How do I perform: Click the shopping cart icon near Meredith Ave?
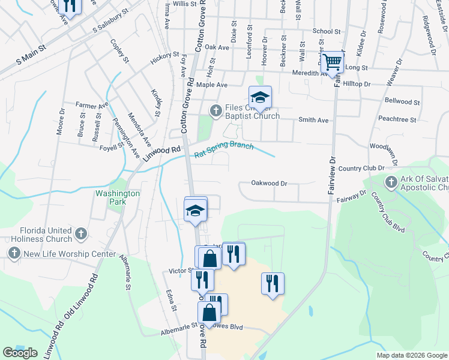[x=332, y=62]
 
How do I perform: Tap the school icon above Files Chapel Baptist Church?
[x=261, y=97]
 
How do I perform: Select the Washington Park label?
[x=118, y=198]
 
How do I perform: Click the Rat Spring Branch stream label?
[x=224, y=150]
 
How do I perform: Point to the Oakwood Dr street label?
[x=270, y=183]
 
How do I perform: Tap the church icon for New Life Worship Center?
[x=14, y=254]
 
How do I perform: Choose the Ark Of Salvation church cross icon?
[x=391, y=182]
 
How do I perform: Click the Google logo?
[x=20, y=353]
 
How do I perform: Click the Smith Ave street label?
[x=314, y=120]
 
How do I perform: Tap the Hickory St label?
[x=165, y=58]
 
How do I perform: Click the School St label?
[x=327, y=31]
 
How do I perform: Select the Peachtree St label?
[x=401, y=120]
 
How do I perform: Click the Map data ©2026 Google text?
[x=411, y=355]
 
